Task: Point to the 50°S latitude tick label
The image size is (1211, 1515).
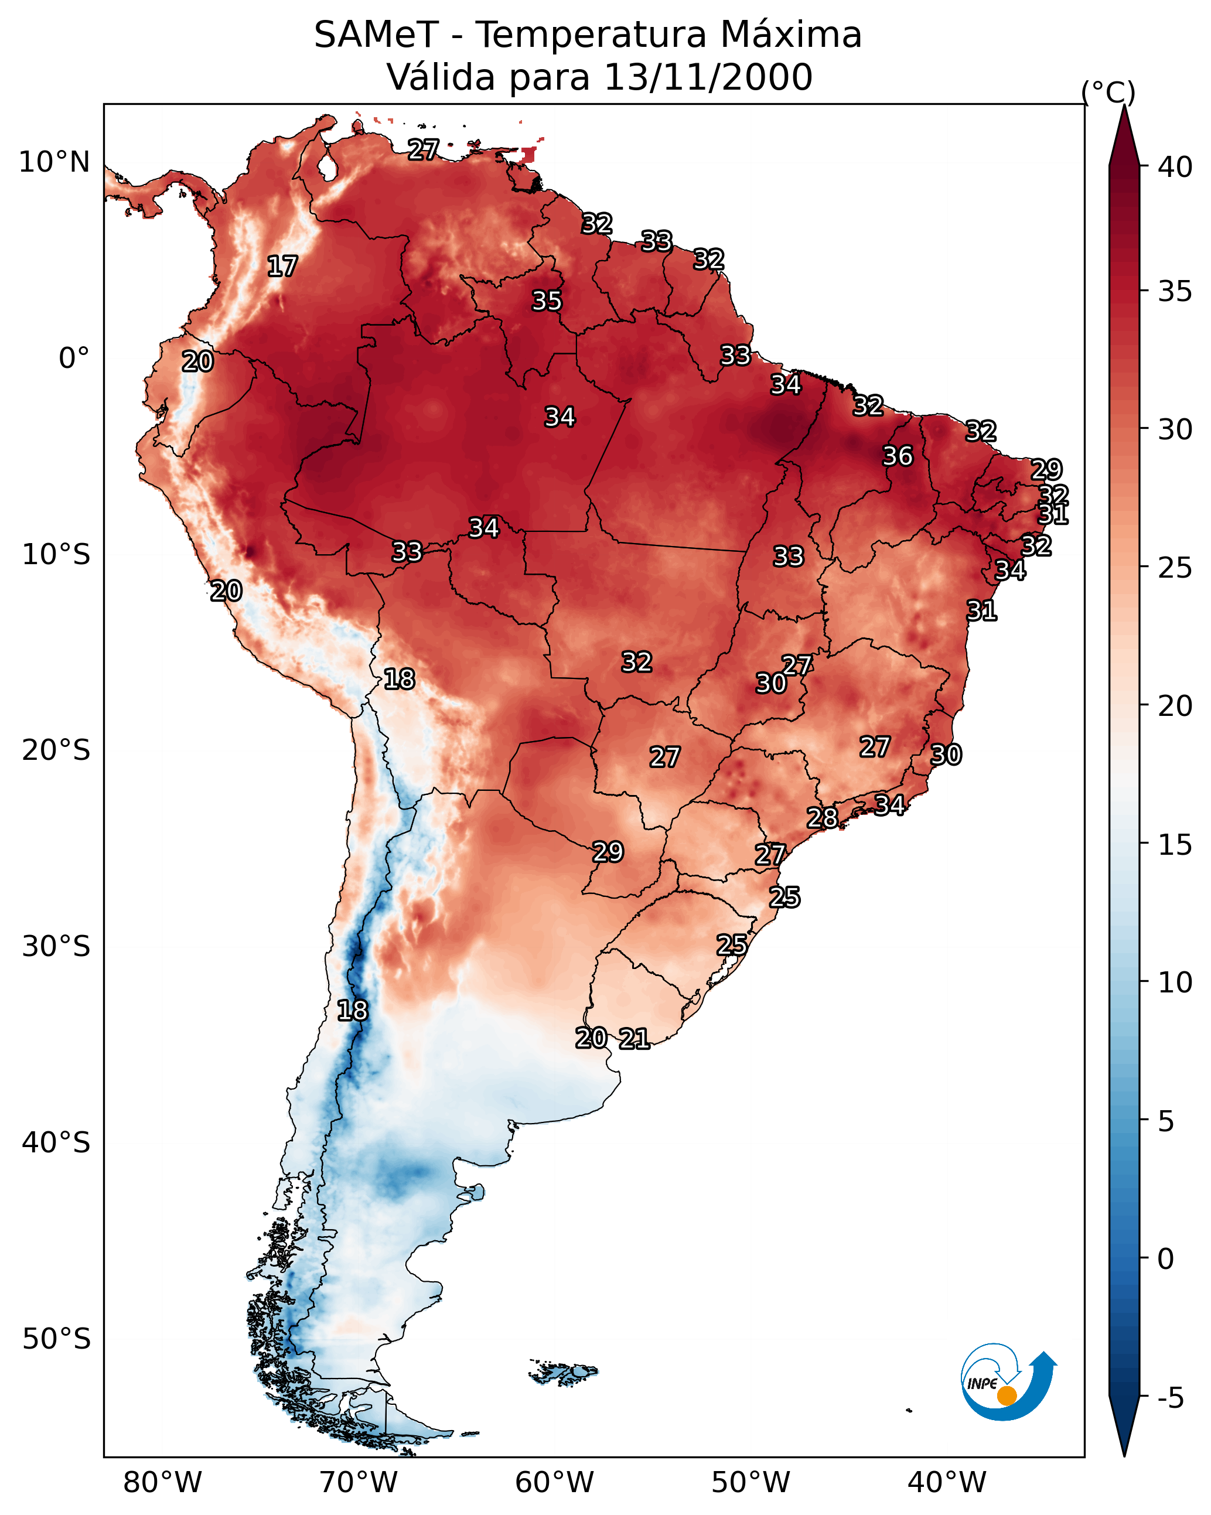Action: (56, 1339)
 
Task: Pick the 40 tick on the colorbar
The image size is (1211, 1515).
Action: (1175, 167)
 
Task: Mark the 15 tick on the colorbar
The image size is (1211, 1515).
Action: (1175, 845)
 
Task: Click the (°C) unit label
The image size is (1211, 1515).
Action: (1108, 92)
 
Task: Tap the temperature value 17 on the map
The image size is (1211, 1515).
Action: (282, 267)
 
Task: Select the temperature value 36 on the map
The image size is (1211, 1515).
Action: (898, 456)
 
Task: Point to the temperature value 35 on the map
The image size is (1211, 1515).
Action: (547, 301)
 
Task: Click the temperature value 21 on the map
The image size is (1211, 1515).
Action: (634, 1039)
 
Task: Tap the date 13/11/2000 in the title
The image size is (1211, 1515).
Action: (708, 77)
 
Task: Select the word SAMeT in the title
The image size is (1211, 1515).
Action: (376, 35)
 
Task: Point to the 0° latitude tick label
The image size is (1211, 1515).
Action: (74, 359)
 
